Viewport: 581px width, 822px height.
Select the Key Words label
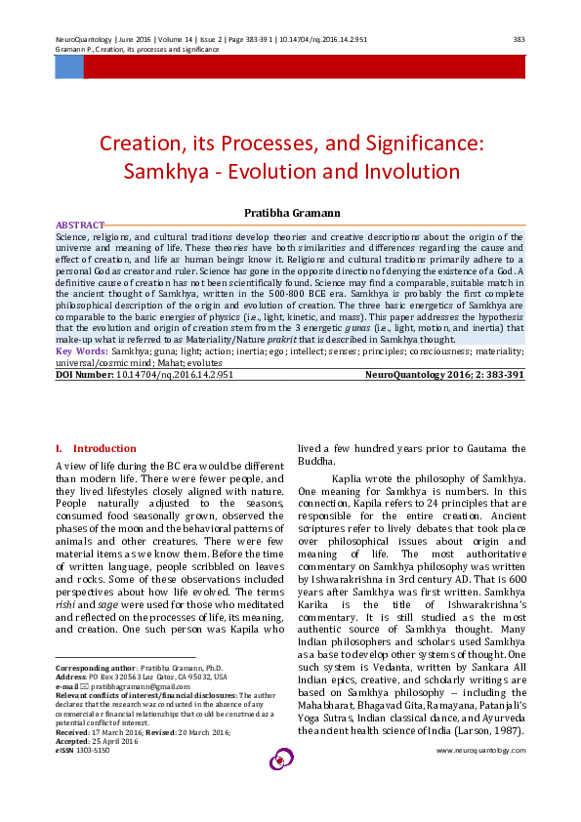82,349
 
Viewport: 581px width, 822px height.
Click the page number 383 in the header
519,40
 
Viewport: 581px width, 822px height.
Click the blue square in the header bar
68,67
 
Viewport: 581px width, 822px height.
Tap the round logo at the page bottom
282,758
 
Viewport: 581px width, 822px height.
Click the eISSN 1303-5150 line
83,750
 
